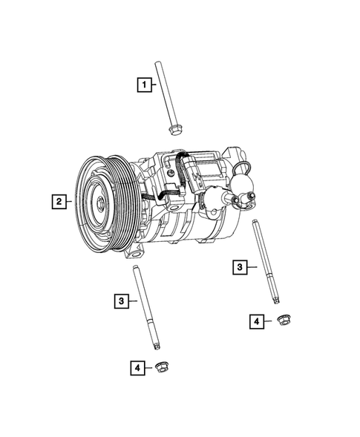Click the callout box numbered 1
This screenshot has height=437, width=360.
point(142,85)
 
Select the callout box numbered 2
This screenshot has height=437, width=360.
point(57,200)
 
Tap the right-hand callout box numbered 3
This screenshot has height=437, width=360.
point(240,267)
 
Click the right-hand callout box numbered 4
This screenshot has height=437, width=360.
point(256,321)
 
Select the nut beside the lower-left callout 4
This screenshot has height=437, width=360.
point(162,367)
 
